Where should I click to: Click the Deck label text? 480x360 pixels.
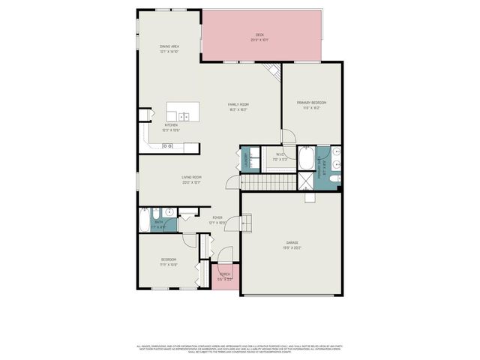point(259,34)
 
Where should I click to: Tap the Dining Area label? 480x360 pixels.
point(169,46)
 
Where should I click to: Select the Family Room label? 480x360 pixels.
point(238,104)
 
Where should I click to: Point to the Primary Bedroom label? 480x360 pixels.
point(311,102)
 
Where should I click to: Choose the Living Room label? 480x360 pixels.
point(191,177)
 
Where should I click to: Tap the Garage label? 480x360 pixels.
point(292,242)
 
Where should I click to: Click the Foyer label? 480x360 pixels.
point(217,217)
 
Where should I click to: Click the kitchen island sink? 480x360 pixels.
point(184,116)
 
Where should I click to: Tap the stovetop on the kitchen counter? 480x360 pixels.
point(166,145)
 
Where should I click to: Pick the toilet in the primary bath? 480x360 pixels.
point(334,178)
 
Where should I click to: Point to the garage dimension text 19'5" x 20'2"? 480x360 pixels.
point(292,247)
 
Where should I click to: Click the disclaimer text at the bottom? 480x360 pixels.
point(240,349)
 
